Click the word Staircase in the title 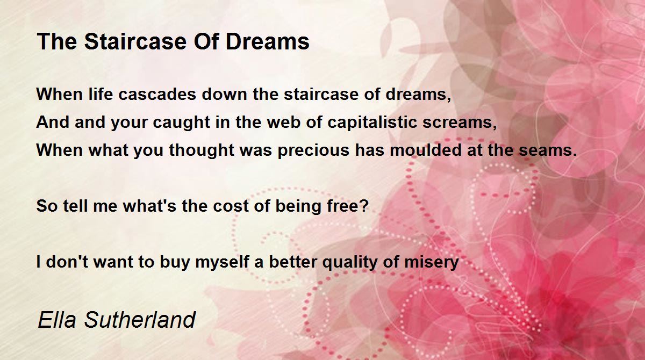click(x=135, y=41)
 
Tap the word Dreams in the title click(x=268, y=41)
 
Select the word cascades click(x=157, y=94)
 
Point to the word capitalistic click(x=372, y=123)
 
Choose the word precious click(x=313, y=151)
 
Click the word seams click(x=548, y=151)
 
